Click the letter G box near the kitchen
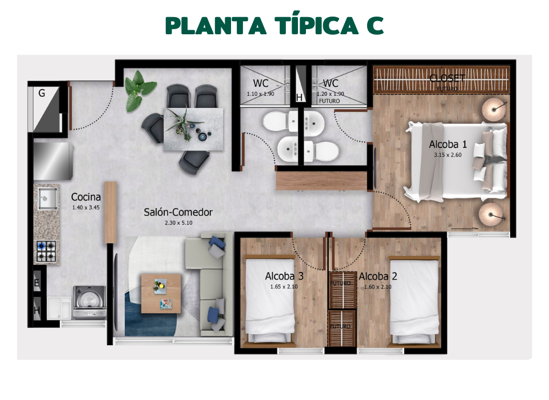point(42,93)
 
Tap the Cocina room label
point(86,197)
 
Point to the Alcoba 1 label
point(448,145)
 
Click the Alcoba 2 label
point(377,277)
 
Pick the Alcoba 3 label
point(284,277)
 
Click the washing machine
point(89,302)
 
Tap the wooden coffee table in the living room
point(161,291)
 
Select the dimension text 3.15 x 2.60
point(448,155)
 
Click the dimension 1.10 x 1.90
point(261,94)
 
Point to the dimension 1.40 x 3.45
point(86,207)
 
